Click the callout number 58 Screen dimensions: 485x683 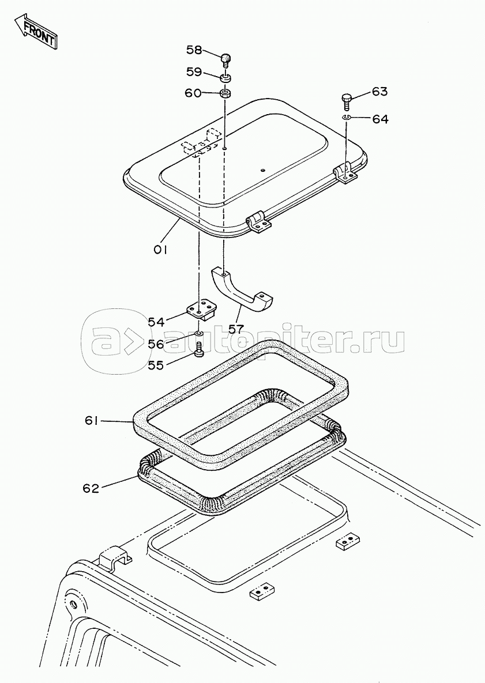pos(194,50)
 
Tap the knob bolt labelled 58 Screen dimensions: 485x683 pos(225,60)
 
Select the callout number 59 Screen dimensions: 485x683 pos(194,72)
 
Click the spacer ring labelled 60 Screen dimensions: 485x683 pos(225,93)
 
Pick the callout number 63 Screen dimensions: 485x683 pos(379,92)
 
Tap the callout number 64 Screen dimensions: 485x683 pos(380,119)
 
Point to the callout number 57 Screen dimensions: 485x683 pos(236,329)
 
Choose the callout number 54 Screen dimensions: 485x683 pos(156,322)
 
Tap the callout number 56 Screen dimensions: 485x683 pos(156,344)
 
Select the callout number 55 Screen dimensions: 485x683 pos(156,365)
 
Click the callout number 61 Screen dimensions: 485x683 pos(93,421)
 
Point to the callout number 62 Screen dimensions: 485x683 pos(91,488)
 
